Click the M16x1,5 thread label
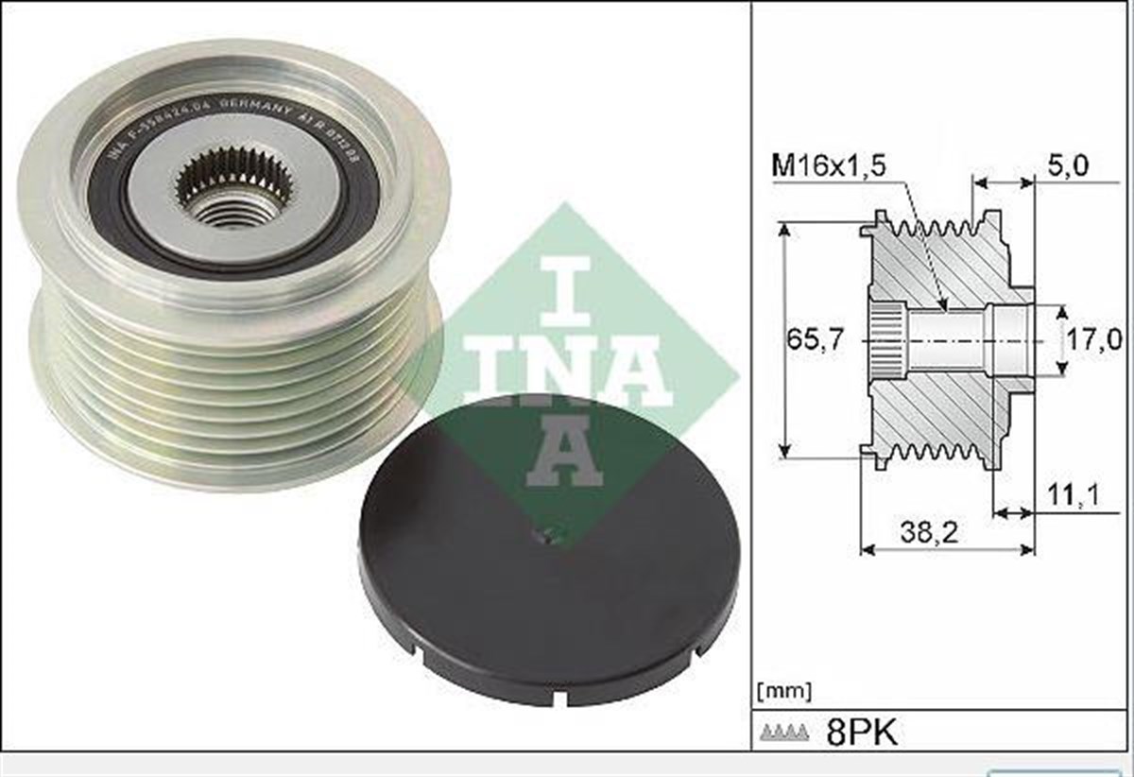tap(829, 166)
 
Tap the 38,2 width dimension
tap(929, 533)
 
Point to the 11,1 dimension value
tap(1073, 493)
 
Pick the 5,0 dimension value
tap(1068, 166)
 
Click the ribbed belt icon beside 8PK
tap(783, 733)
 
